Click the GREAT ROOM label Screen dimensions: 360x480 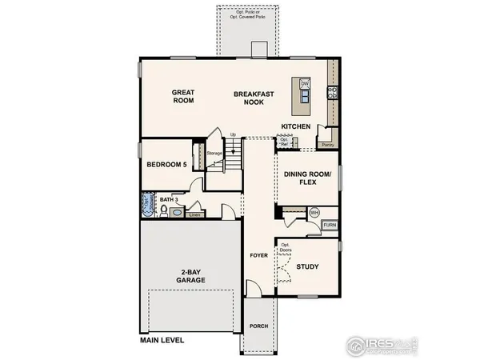tap(183, 98)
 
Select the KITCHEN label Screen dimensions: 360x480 tap(296, 126)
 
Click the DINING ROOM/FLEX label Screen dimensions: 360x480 tap(307, 178)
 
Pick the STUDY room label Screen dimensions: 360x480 tap(308, 266)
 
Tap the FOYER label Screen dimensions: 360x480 tap(257, 257)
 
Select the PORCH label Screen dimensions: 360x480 tap(258, 326)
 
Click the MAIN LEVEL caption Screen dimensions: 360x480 tap(162, 340)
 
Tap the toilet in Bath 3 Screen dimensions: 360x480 tap(163, 211)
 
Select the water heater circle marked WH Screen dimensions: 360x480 tap(314, 213)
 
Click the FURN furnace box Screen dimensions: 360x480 tap(330, 226)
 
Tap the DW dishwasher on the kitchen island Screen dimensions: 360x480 tap(305, 83)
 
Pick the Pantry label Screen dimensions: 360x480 tap(327, 146)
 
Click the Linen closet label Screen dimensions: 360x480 tap(194, 214)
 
